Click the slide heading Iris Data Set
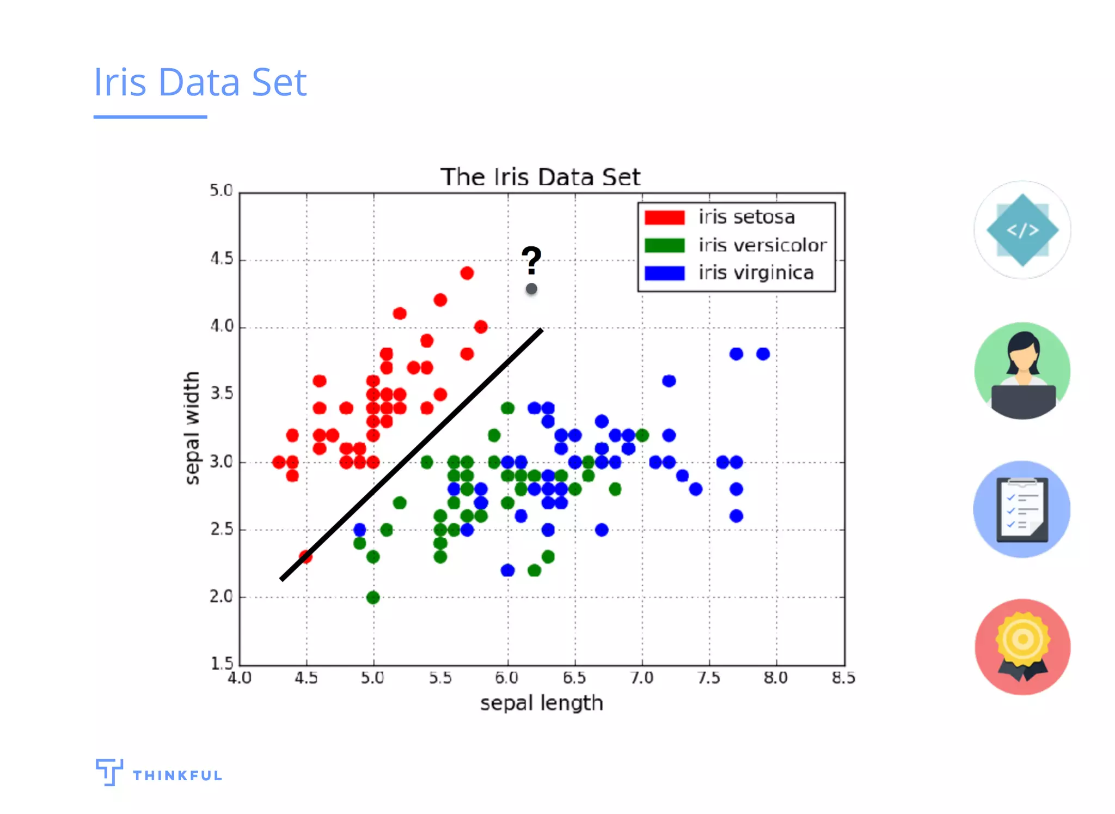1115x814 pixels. click(x=200, y=82)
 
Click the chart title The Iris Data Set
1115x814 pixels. click(x=540, y=177)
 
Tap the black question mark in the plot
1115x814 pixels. click(x=531, y=260)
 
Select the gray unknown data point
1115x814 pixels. click(x=531, y=289)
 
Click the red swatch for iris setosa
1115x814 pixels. click(x=664, y=217)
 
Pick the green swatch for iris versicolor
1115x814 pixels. click(x=664, y=245)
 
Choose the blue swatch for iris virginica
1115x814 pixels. click(x=664, y=273)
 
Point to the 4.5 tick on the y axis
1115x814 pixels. click(x=222, y=259)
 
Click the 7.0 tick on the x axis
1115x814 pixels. click(x=642, y=678)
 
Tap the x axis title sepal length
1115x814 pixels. click(x=541, y=703)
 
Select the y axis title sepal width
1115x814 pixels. click(x=192, y=428)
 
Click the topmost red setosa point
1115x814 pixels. click(x=467, y=273)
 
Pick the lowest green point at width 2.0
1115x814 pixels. click(x=373, y=598)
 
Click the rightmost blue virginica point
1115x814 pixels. click(x=763, y=354)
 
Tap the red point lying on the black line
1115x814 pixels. click(x=305, y=557)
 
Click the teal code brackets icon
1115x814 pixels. click(x=1022, y=230)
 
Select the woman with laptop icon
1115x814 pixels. click(x=1022, y=370)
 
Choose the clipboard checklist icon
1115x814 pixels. click(x=1022, y=509)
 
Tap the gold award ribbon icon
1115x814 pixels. click(x=1022, y=647)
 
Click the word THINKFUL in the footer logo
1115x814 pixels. click(x=177, y=775)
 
